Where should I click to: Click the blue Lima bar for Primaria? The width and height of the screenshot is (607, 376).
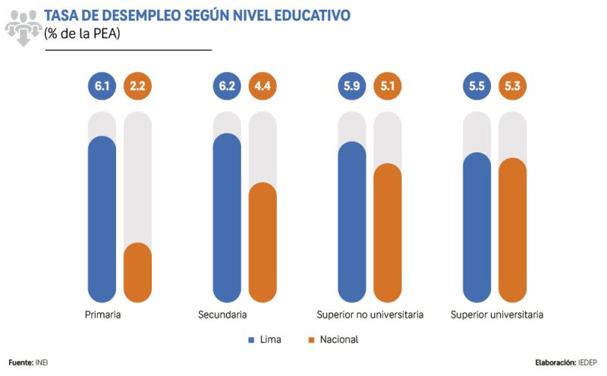[102, 220]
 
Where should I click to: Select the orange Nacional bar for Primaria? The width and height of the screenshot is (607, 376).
[137, 273]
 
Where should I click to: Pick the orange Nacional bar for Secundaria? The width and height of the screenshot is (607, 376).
[263, 243]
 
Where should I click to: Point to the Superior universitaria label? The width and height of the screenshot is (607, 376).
[497, 315]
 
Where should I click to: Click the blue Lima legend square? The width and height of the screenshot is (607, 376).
[251, 340]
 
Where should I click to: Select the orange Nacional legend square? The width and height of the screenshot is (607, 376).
[312, 340]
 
